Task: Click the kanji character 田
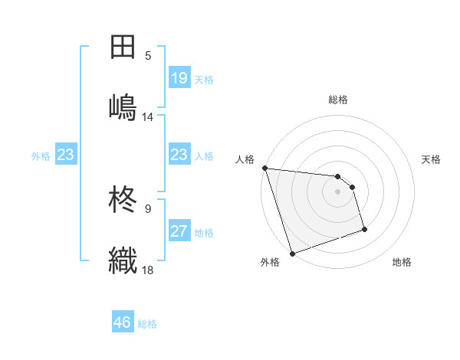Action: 123,47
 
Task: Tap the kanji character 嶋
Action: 123,106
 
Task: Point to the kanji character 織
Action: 123,260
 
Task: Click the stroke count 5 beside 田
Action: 148,56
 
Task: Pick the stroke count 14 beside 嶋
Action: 148,117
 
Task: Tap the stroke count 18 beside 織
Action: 148,270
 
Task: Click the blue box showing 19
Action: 179,78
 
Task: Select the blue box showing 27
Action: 179,231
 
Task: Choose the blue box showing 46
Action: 123,322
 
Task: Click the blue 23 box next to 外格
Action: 65,155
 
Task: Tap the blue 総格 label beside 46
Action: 147,324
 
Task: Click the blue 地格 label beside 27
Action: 204,233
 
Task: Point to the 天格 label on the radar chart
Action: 432,159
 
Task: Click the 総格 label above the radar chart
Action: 338,100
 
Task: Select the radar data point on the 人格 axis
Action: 264,168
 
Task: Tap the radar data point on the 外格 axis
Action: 292,253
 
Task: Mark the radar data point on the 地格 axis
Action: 364,229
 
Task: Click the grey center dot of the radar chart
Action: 337,191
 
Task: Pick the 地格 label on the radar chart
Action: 402,262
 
